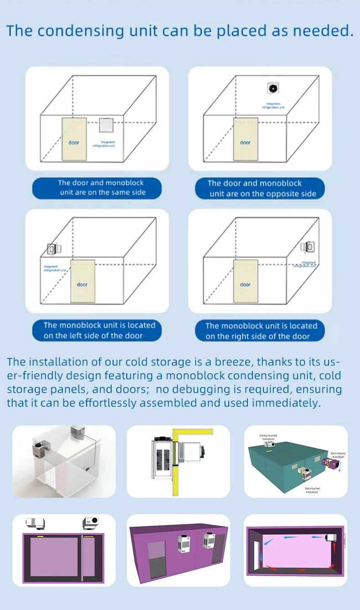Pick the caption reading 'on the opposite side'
coord(260,188)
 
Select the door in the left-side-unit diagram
coord(82,281)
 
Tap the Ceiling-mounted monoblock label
coord(268,437)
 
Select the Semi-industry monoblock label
coord(338,455)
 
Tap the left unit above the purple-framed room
coord(35,522)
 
